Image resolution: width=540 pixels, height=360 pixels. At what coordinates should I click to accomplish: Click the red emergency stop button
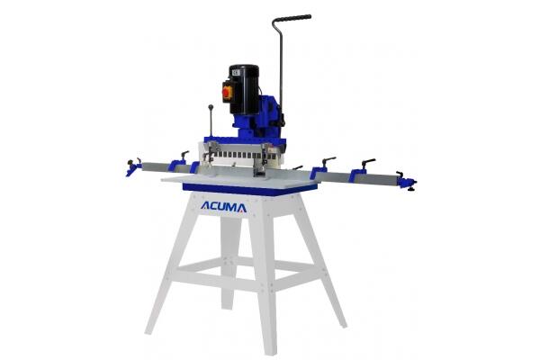227,92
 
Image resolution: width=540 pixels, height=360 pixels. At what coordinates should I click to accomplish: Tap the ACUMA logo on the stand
223,207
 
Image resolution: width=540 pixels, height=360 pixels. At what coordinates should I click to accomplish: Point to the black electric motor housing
244,89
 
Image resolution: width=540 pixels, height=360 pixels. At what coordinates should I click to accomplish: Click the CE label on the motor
236,73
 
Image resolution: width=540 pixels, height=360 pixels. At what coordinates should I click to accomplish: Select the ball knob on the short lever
211,107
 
